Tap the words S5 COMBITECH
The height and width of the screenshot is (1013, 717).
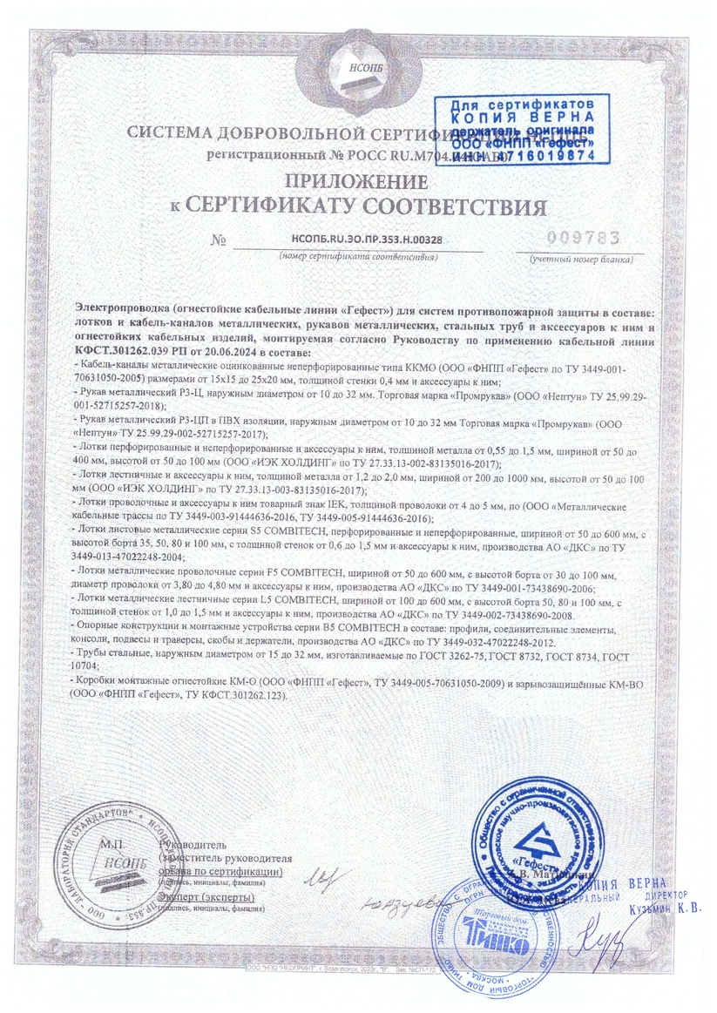click(240, 529)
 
